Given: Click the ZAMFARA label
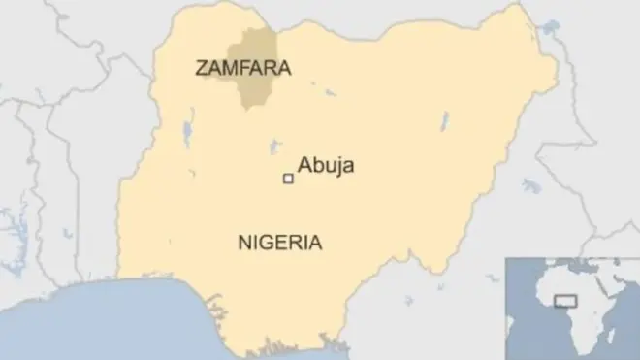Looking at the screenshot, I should click(x=243, y=69).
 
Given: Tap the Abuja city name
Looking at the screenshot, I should click(x=326, y=166).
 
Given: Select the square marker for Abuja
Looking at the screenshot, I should click(x=287, y=179).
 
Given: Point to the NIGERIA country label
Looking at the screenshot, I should click(x=280, y=243).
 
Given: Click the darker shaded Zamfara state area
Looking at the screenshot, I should click(x=254, y=49).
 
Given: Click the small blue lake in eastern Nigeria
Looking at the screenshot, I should click(x=445, y=121).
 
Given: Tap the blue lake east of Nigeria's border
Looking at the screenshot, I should click(x=530, y=184).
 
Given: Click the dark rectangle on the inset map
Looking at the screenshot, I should click(x=564, y=301).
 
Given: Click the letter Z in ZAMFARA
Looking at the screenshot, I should click(x=201, y=69).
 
